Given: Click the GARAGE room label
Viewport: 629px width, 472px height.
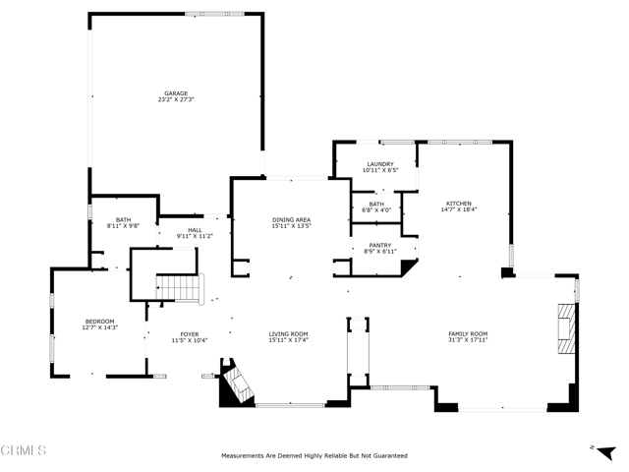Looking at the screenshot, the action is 176,93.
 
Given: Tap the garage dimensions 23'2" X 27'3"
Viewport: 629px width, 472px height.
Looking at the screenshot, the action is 176,99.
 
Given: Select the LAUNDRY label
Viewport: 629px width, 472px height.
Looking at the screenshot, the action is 380,164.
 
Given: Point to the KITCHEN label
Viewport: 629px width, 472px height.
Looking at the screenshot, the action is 459,204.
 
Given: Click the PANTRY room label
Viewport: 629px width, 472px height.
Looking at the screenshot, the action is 380,245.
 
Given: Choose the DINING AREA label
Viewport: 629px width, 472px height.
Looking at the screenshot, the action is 292,220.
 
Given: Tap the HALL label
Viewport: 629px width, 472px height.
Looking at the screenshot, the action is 195,230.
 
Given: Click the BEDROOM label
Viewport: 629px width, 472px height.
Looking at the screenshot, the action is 100,322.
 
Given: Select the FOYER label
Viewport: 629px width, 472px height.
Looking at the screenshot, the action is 190,334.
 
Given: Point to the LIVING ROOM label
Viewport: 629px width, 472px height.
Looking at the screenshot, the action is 288,334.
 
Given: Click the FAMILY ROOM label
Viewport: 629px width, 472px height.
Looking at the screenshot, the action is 468,334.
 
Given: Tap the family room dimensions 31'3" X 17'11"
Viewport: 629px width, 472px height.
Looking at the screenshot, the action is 468,340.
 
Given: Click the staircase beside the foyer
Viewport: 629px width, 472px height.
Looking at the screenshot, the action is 178,288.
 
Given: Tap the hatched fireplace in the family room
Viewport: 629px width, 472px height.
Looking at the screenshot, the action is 566,328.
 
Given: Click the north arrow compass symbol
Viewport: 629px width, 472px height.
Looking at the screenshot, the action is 605,452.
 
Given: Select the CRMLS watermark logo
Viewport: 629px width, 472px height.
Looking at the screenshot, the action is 24,450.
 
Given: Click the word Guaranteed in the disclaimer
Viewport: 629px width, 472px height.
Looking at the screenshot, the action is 391,456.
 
